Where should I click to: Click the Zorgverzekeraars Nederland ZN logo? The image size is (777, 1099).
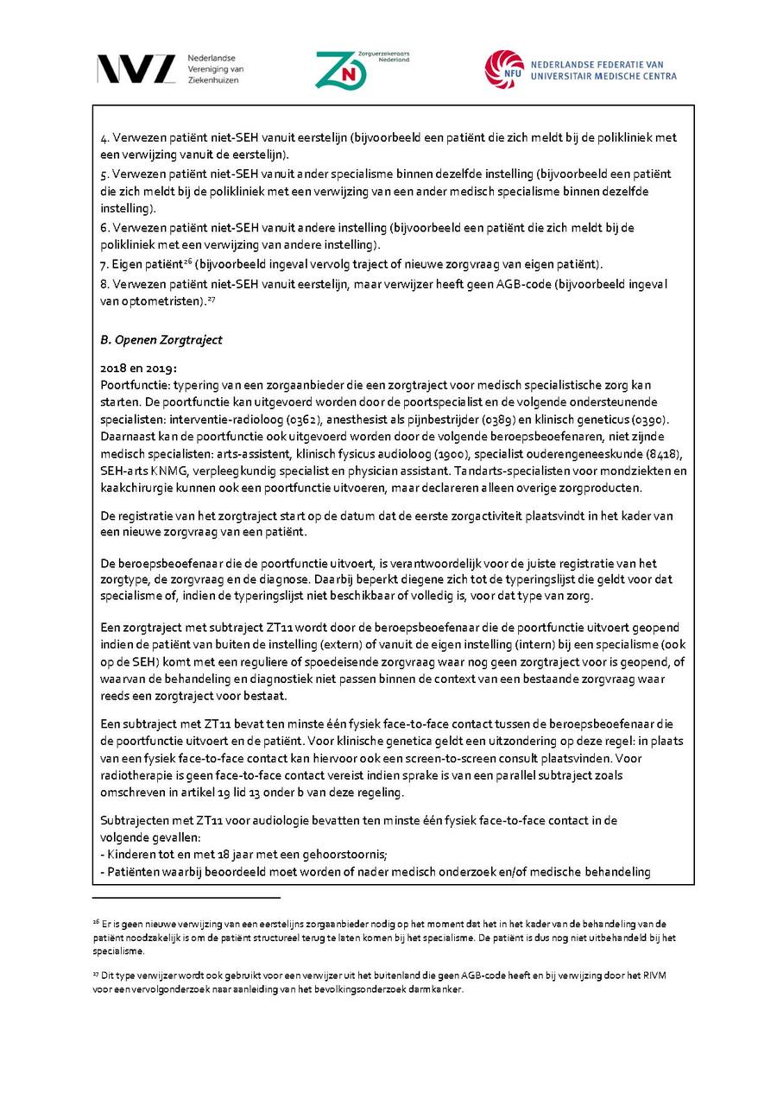tap(339, 69)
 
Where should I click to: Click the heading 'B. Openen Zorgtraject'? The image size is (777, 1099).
tap(161, 339)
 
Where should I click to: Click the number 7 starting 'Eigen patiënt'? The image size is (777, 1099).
tap(104, 263)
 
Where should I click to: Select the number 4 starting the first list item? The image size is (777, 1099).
tap(104, 138)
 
